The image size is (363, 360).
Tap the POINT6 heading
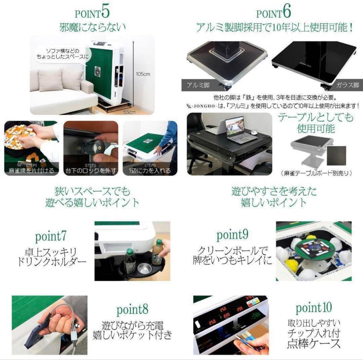273,12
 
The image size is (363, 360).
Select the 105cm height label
144,74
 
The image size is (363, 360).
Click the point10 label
313,307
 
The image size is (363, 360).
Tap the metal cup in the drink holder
144,268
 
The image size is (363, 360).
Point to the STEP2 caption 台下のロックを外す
91,171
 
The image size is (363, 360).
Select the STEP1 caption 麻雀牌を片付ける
31,171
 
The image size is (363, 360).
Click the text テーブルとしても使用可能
315,123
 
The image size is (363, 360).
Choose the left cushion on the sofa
50,80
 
